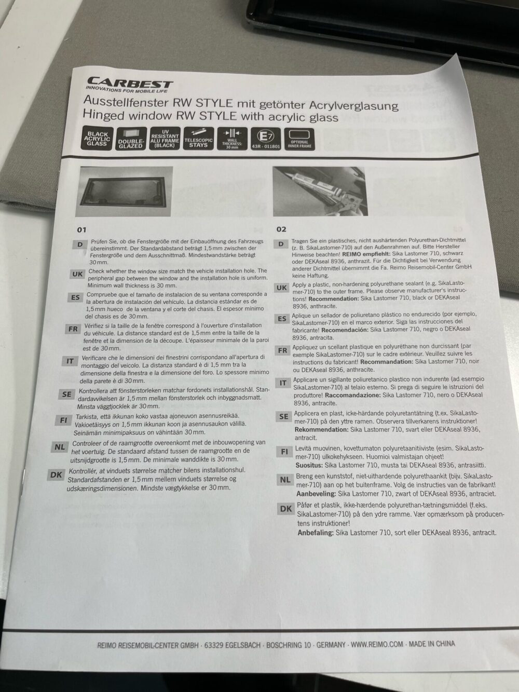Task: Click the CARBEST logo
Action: [x=129, y=85]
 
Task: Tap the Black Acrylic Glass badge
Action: [x=98, y=138]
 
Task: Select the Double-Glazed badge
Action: [x=131, y=139]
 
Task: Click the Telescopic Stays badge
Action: [x=199, y=139]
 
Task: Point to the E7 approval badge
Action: [x=266, y=139]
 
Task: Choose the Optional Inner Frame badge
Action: [x=299, y=139]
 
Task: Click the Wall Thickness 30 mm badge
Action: [x=232, y=139]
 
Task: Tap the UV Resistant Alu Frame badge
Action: [x=165, y=139]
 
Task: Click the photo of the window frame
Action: [x=125, y=192]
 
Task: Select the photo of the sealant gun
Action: [x=320, y=192]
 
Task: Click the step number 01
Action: [x=82, y=230]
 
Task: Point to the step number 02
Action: [x=281, y=229]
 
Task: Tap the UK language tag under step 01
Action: [x=77, y=274]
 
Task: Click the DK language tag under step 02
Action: [x=286, y=509]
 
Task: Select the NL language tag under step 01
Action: [x=60, y=447]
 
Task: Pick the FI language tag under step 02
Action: [x=284, y=452]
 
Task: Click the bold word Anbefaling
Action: [x=316, y=533]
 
